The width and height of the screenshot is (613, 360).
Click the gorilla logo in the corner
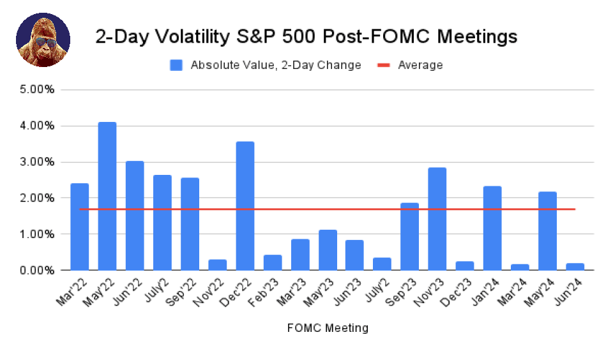click(43, 40)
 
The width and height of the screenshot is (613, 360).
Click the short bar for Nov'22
click(217, 265)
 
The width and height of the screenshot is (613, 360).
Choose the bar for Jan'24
click(492, 228)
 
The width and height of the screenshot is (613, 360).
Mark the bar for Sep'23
click(409, 236)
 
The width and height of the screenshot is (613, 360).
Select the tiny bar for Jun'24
click(574, 267)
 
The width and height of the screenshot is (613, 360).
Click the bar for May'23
click(327, 250)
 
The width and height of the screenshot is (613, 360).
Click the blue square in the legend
click(176, 65)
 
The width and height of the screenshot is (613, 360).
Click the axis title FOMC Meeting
click(327, 328)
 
